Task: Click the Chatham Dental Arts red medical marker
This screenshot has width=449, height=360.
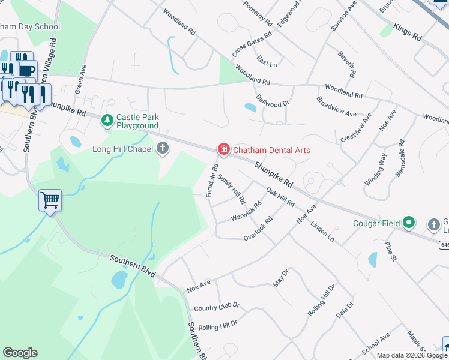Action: point(224,149)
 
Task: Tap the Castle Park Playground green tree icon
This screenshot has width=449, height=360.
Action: point(107,121)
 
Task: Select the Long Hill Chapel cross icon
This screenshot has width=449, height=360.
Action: point(163,149)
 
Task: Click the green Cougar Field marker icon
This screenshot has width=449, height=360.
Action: point(409,223)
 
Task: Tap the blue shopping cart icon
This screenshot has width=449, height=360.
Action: point(50,201)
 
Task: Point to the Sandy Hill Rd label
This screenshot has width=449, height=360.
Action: point(232,188)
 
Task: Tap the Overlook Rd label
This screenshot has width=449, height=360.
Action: point(259,229)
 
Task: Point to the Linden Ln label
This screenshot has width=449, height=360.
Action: point(322,231)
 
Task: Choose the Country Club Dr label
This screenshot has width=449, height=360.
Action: point(217,307)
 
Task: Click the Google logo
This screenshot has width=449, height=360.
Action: point(20,353)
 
